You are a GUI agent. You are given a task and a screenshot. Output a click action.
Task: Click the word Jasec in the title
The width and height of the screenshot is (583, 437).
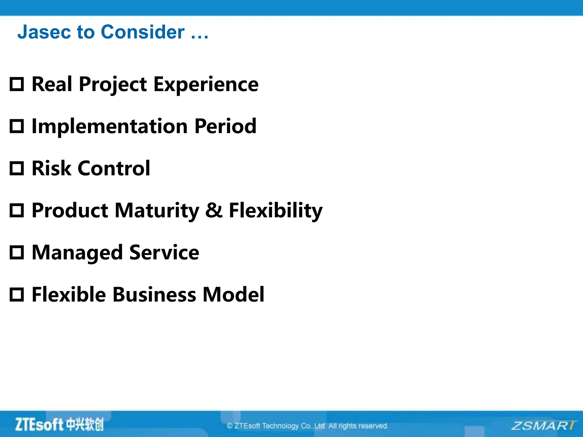pos(44,32)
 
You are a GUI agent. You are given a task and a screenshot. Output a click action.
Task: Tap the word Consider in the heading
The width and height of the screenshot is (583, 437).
pos(142,32)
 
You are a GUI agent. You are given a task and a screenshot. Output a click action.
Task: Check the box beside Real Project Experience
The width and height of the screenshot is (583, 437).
pos(17,84)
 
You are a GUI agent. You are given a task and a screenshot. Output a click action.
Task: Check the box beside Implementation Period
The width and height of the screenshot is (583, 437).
pos(17,126)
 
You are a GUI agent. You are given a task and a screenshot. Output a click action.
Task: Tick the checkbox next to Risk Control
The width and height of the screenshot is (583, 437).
pos(17,168)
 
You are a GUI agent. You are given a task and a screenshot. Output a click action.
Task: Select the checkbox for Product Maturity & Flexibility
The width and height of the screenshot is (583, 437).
pos(17,210)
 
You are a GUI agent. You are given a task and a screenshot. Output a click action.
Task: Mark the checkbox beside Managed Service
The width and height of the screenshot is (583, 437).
pos(17,252)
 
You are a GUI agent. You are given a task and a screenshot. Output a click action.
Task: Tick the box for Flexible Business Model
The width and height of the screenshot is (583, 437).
pos(17,294)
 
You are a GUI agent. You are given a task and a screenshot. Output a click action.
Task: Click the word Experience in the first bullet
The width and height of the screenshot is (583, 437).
pos(206,85)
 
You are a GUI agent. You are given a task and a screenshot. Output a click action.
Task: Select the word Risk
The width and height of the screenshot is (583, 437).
pos(51,168)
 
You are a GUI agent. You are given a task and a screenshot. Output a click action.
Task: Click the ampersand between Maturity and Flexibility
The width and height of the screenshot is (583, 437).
pos(214,210)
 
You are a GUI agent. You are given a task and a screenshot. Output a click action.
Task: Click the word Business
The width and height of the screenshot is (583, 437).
pos(154,294)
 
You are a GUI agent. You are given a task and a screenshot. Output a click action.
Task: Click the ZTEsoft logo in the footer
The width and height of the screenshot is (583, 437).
pos(59,424)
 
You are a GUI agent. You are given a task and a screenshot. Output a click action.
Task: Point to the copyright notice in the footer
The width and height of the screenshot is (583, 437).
pos(307,426)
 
